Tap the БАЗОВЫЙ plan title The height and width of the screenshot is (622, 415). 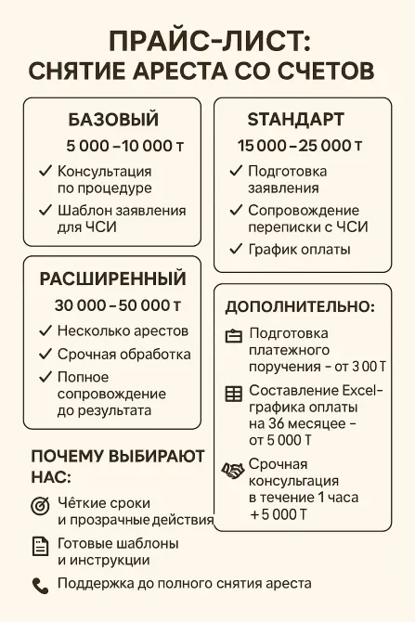pyautogui.click(x=113, y=120)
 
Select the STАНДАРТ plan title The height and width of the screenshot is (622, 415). pyautogui.click(x=296, y=120)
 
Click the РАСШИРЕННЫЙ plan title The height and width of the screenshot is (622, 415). pyautogui.click(x=113, y=279)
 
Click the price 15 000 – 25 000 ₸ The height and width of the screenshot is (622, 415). pyautogui.click(x=300, y=146)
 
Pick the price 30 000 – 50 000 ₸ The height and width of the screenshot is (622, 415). pyautogui.click(x=117, y=305)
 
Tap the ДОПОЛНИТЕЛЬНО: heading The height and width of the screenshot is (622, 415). pyautogui.click(x=300, y=307)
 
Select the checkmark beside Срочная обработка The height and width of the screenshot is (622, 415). pyautogui.click(x=45, y=354)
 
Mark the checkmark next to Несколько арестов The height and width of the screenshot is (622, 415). pyautogui.click(x=45, y=330)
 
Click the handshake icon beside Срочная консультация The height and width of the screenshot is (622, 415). pyautogui.click(x=233, y=471)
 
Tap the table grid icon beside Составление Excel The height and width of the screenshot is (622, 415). pyautogui.click(x=233, y=393)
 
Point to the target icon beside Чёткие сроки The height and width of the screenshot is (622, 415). pyautogui.click(x=40, y=506)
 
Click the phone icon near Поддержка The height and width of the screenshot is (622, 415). pyautogui.click(x=40, y=585)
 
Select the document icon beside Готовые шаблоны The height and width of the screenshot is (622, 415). pyautogui.click(x=40, y=546)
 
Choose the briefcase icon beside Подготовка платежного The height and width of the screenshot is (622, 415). pyautogui.click(x=233, y=335)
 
